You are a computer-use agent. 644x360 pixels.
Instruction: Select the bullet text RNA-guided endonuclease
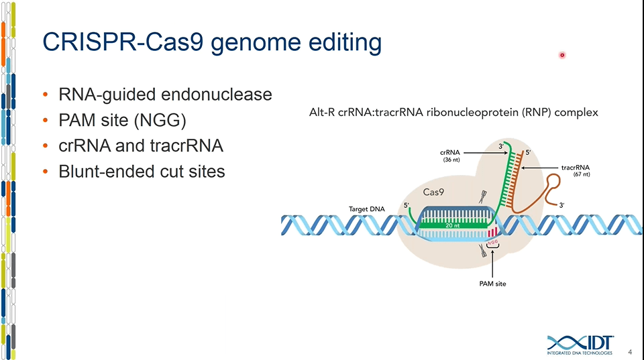coord(165,95)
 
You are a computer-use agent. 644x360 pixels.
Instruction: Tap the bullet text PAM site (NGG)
coord(122,120)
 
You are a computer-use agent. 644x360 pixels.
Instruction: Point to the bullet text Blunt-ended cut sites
coord(142,172)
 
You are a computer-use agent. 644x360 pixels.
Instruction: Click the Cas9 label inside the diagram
coord(433,192)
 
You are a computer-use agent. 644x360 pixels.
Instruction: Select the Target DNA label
coord(367,209)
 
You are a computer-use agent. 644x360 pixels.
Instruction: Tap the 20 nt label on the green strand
coord(453,225)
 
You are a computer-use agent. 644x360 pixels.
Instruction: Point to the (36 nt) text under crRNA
coord(451,160)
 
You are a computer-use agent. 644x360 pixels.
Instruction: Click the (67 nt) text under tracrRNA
coord(581,174)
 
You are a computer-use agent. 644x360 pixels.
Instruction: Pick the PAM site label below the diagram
coord(492,284)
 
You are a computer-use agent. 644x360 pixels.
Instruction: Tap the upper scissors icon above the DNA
coord(481,198)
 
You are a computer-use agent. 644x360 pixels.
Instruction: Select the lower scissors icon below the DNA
coord(481,251)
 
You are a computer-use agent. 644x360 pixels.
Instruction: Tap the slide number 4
coord(630,351)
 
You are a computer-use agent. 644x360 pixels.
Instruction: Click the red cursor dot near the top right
coord(562,56)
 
